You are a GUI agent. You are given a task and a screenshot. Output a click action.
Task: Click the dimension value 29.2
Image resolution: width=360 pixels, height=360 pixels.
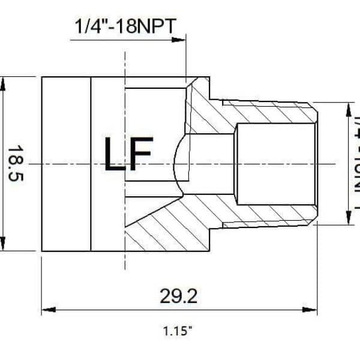pos(179,295)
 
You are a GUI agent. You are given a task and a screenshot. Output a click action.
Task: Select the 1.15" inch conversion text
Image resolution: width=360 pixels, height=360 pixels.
pos(178,331)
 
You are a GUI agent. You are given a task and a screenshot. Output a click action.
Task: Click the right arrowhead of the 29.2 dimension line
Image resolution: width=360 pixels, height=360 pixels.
pos(313,310)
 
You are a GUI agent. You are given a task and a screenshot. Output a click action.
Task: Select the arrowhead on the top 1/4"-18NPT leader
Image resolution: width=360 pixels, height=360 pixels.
pos(180,40)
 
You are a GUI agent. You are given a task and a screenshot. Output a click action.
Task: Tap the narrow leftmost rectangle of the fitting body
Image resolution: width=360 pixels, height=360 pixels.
pos(66,163)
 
